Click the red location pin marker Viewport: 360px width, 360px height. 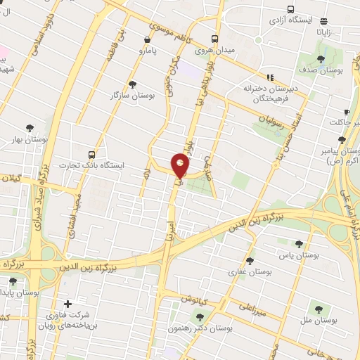point(181,166)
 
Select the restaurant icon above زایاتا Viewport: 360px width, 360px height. point(324,22)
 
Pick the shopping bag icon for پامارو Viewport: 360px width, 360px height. point(146,40)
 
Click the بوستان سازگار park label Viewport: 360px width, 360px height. point(132,94)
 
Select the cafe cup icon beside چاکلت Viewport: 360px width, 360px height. point(347,112)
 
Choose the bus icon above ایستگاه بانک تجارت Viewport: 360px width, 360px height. point(91,154)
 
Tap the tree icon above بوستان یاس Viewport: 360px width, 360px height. point(299,244)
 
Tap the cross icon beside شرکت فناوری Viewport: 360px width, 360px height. point(67,304)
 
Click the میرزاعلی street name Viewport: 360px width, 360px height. point(252,307)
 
